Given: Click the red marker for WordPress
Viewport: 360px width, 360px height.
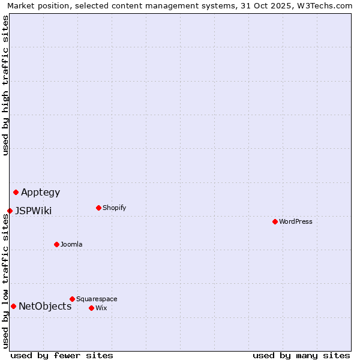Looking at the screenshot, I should [275, 221].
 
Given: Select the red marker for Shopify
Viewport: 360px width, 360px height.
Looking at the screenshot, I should [98, 208].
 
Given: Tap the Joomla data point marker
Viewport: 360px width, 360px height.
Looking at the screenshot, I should [56, 244].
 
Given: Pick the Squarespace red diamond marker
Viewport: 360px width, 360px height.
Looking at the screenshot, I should [72, 299].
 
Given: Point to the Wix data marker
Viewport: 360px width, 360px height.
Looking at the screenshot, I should [91, 308].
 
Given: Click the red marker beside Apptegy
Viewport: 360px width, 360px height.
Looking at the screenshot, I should [16, 192].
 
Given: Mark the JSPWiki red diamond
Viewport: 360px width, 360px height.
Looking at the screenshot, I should [10, 211].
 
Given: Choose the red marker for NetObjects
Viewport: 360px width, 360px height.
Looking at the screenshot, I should [13, 306].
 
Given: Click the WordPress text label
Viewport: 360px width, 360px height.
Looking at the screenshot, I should [296, 221].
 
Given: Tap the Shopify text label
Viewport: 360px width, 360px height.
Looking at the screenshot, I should [114, 208].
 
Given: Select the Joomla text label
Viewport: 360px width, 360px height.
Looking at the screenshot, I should [71, 244].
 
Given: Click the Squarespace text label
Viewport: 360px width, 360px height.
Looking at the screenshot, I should [97, 299].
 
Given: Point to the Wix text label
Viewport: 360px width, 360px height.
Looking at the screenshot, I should [101, 308].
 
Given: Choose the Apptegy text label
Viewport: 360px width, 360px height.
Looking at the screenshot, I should [41, 193].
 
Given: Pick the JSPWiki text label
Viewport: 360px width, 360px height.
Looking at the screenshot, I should [34, 211].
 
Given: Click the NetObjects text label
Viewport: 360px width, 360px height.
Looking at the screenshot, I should [45, 307].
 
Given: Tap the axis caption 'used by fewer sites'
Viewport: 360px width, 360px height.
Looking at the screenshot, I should [62, 355].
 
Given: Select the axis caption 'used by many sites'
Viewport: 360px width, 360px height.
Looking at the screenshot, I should [301, 355].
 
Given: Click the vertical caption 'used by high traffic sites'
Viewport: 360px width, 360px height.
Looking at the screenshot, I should [5, 85].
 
